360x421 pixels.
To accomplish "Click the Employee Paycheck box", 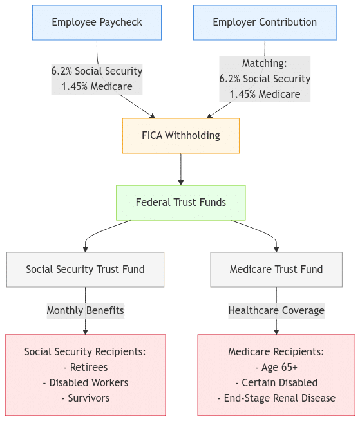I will pyautogui.click(x=97, y=23).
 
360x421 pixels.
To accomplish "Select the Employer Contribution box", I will pyautogui.click(x=265, y=23).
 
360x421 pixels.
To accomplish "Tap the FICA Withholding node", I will pyautogui.click(x=180, y=136).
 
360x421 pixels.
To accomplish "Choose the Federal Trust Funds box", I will pyautogui.click(x=180, y=203).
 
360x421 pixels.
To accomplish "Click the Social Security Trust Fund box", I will pyautogui.click(x=85, y=270).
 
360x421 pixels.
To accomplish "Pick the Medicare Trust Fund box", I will pyautogui.click(x=276, y=270).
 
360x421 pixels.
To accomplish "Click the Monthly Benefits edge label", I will pyautogui.click(x=85, y=311).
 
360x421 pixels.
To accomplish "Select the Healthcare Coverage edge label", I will pyautogui.click(x=276, y=311).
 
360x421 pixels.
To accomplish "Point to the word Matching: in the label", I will pyautogui.click(x=265, y=63).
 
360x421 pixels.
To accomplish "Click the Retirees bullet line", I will pyautogui.click(x=85, y=367).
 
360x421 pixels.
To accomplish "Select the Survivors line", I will pyautogui.click(x=85, y=398).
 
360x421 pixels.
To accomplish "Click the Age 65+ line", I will pyautogui.click(x=276, y=367).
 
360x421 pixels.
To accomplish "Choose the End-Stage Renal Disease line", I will pyautogui.click(x=276, y=398).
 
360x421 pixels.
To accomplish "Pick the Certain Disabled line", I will pyautogui.click(x=276, y=382).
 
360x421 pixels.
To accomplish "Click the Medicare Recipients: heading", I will pyautogui.click(x=276, y=351).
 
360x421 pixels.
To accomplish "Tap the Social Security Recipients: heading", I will pyautogui.click(x=85, y=351).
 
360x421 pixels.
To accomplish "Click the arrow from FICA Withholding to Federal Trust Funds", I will pyautogui.click(x=181, y=169).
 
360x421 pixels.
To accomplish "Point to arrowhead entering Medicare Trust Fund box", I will pyautogui.click(x=276, y=249).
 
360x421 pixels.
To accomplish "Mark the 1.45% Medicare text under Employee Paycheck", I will pyautogui.click(x=97, y=86).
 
